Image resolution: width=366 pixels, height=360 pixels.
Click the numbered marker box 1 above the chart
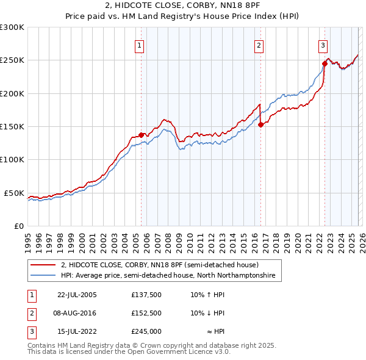(x=140, y=45)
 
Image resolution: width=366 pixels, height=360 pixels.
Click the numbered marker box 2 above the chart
(x=259, y=45)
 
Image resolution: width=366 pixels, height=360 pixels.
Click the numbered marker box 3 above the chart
(x=323, y=45)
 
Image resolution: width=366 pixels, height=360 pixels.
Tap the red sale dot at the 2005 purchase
(x=141, y=134)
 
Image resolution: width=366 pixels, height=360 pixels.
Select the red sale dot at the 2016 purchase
(x=260, y=124)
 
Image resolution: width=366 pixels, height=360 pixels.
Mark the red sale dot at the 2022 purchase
(x=325, y=63)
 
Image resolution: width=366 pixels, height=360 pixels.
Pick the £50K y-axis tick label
(x=14, y=193)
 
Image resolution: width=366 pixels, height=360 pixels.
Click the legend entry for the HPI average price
(x=168, y=276)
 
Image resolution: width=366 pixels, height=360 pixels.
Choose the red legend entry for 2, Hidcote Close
(x=160, y=265)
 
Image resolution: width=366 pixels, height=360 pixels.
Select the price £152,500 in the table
(x=146, y=312)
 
